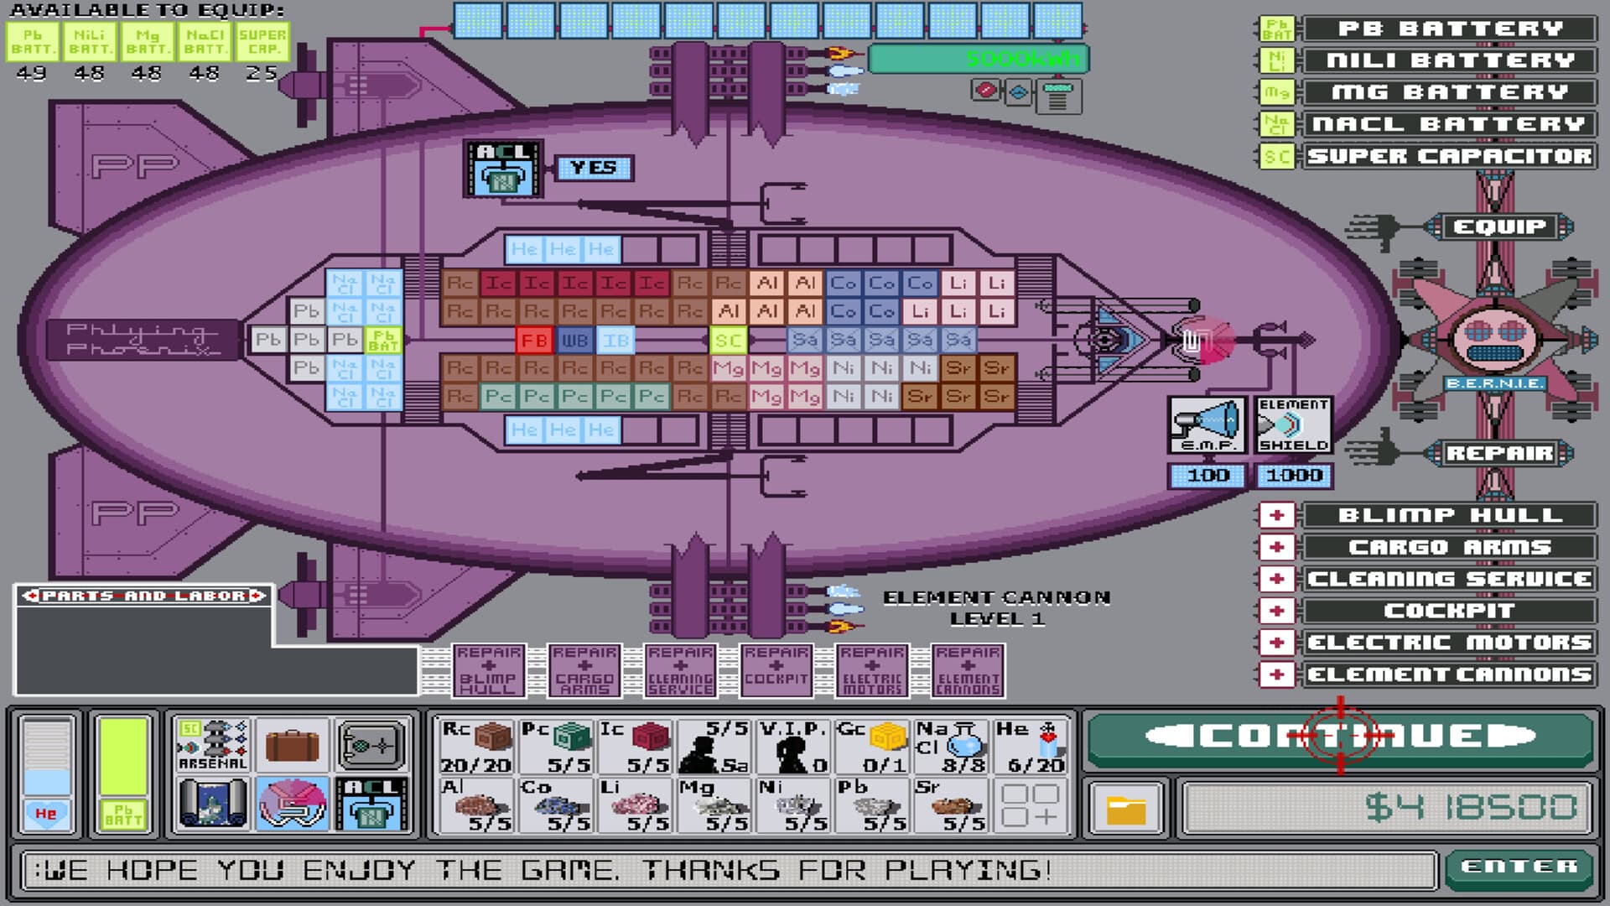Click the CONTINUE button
[x=1340, y=737]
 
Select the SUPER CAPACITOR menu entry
[x=1449, y=157]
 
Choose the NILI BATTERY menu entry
[x=1449, y=61]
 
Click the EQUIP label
[x=1499, y=226]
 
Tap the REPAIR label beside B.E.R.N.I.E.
[x=1499, y=454]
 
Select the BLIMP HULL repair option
[x=1449, y=515]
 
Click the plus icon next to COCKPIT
[x=1277, y=611]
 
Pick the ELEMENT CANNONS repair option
[x=1449, y=674]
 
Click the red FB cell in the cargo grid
[x=534, y=341]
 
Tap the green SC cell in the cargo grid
[x=728, y=341]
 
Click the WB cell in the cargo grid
[x=574, y=341]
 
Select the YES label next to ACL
[x=594, y=168]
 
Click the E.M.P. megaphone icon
[x=1207, y=424]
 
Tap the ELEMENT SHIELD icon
[x=1293, y=424]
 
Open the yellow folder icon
[x=1126, y=810]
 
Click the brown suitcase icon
[x=292, y=745]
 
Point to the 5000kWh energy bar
[x=978, y=59]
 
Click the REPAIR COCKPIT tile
[x=776, y=671]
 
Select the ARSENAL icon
[x=213, y=745]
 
